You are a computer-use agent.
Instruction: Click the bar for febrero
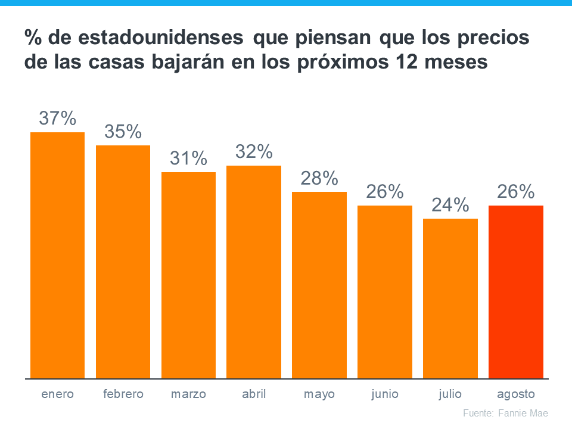[123, 262]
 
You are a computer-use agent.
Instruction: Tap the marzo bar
[188, 275]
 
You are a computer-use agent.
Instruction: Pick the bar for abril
[254, 272]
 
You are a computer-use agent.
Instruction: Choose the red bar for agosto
[516, 292]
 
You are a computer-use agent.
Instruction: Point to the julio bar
[450, 299]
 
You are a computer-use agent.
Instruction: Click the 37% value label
[58, 119]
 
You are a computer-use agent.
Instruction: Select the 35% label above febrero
[123, 132]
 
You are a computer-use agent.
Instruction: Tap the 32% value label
[254, 152]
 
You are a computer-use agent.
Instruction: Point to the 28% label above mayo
[319, 178]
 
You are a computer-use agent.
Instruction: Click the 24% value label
[450, 206]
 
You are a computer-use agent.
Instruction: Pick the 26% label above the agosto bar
[516, 192]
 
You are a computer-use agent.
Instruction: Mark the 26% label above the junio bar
[385, 192]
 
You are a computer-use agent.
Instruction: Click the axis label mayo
[319, 394]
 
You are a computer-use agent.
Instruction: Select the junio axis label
[385, 394]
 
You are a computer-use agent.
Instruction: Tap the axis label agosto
[516, 394]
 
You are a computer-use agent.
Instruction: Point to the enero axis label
[58, 394]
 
